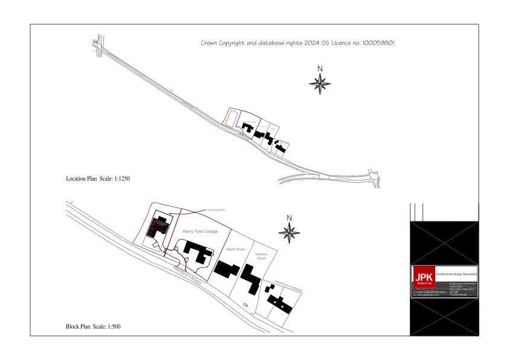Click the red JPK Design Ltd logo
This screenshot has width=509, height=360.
[423, 278]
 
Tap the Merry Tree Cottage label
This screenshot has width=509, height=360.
[199, 232]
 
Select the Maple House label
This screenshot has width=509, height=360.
[235, 249]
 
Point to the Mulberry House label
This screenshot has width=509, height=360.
[262, 256]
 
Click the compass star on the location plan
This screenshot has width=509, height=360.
[320, 83]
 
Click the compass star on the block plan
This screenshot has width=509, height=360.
[290, 232]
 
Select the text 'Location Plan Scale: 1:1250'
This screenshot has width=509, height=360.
[98, 179]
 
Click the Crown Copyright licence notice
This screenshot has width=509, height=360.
[297, 44]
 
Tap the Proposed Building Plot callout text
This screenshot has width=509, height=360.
[215, 209]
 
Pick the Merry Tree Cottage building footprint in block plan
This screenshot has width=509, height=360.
[196, 252]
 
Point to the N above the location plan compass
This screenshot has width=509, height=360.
[320, 68]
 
